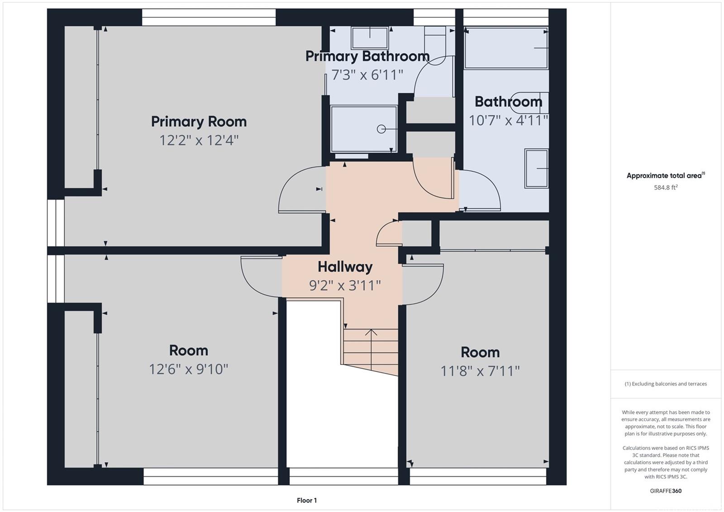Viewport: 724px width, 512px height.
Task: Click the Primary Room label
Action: click(199, 122)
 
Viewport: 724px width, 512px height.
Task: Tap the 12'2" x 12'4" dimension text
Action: click(199, 140)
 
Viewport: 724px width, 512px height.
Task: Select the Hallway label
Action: click(345, 267)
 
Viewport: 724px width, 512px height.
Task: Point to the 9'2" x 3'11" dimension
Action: click(345, 285)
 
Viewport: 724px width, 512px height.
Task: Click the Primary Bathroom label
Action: click(367, 56)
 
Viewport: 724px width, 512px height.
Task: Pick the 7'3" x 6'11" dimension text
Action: click(367, 75)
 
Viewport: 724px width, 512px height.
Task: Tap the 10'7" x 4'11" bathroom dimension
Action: click(509, 120)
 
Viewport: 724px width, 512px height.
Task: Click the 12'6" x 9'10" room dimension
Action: click(188, 369)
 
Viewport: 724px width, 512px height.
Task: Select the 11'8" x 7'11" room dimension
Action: click(480, 371)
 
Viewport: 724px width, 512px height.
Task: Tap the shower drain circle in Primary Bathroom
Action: click(381, 129)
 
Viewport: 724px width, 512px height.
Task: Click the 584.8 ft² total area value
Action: click(666, 187)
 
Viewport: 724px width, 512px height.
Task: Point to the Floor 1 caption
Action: click(307, 500)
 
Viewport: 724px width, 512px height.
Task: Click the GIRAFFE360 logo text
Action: click(666, 491)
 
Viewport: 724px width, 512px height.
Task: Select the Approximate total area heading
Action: click(666, 175)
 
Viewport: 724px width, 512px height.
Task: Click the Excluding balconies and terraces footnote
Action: click(666, 384)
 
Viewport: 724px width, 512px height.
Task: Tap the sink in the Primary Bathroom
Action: click(370, 38)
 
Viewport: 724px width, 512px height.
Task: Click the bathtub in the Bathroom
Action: click(506, 48)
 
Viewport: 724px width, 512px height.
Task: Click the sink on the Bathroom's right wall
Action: click(537, 168)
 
